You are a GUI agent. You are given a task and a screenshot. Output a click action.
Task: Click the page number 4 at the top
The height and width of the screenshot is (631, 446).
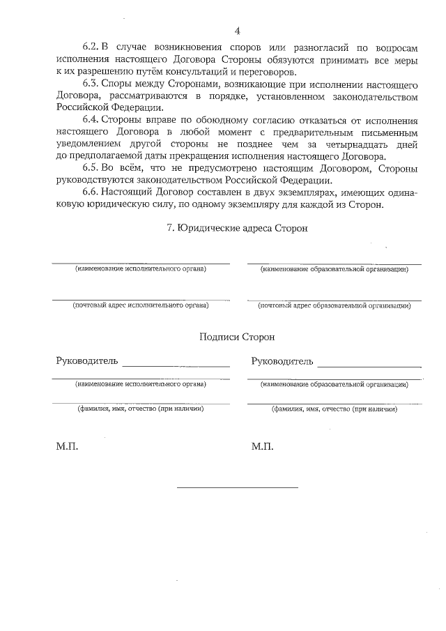237,31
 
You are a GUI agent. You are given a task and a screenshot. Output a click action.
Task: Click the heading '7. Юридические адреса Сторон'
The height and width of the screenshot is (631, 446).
237,228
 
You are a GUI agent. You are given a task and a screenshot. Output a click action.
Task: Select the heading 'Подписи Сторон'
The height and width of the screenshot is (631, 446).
237,336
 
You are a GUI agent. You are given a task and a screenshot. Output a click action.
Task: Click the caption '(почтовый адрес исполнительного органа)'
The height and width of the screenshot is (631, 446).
141,305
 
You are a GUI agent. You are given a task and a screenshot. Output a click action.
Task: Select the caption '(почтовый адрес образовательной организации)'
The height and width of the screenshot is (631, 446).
334,305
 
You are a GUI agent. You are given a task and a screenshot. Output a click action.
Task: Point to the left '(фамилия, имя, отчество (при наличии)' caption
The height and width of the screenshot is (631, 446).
141,409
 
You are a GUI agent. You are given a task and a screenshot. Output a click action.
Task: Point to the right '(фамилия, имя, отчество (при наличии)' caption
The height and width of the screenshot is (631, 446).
334,409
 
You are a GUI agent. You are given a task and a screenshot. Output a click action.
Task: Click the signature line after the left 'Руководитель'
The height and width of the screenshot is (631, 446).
176,365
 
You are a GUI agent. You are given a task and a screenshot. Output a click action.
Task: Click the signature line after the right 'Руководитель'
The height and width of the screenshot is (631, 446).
369,365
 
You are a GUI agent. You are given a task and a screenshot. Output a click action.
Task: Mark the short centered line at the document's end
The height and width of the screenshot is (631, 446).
237,487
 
